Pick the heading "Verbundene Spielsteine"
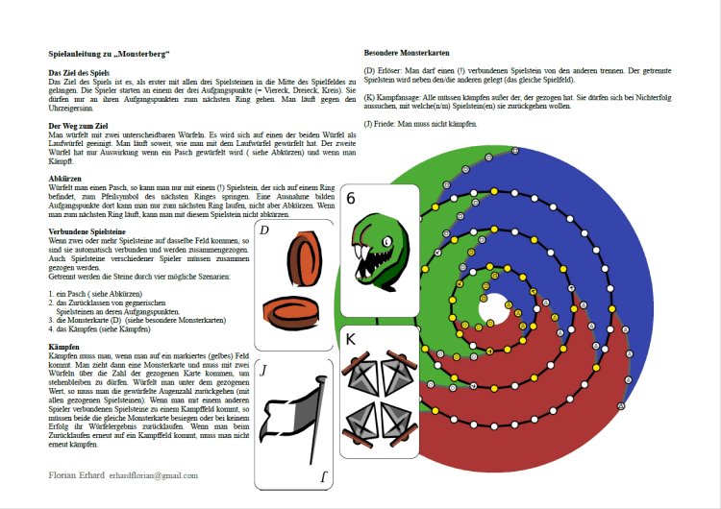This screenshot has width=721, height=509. tap(86, 231)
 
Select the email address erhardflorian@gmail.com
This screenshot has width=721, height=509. tap(153, 475)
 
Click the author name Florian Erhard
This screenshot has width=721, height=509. tap(76, 475)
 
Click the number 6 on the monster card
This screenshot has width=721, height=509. tap(351, 200)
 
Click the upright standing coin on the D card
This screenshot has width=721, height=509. tap(302, 261)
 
